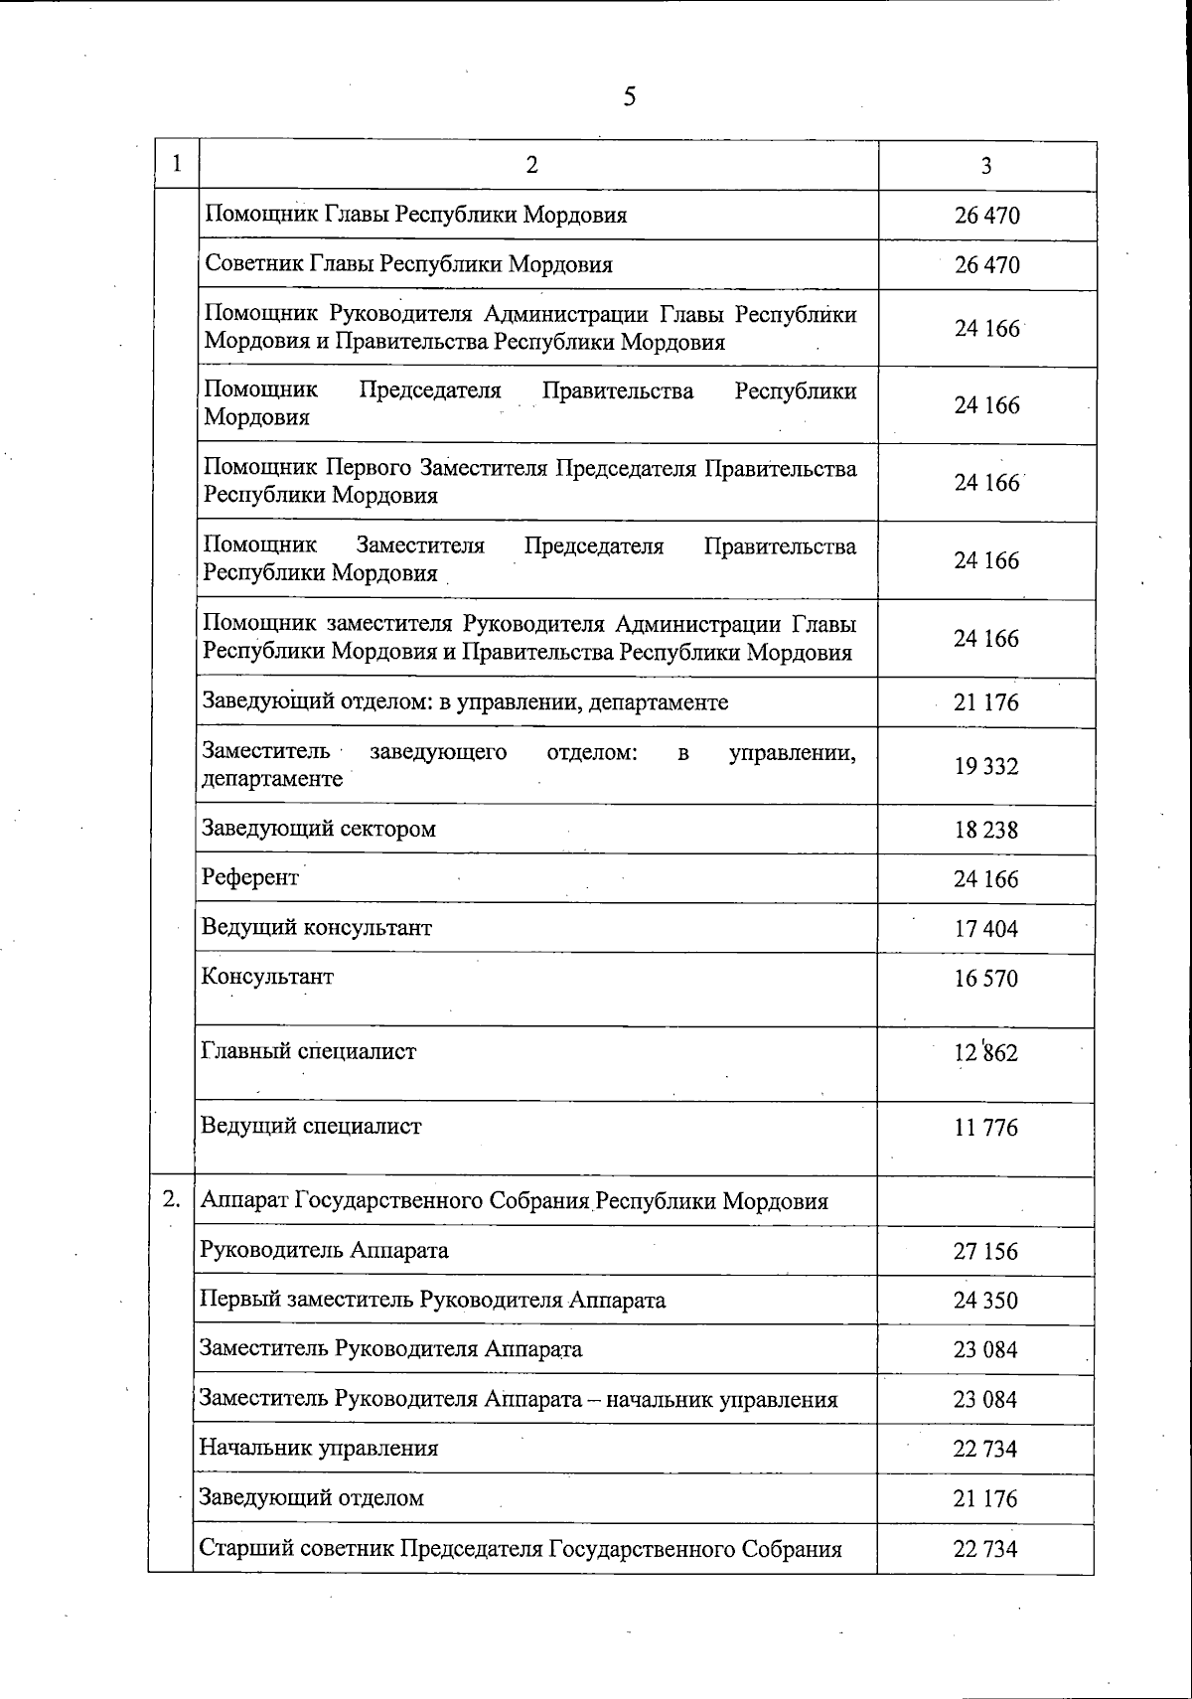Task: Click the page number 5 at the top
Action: click(630, 96)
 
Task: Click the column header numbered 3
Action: click(985, 166)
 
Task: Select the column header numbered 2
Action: click(532, 165)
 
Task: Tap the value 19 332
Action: click(986, 766)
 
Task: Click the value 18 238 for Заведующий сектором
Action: click(986, 830)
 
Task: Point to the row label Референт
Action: click(250, 877)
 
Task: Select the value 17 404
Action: click(986, 929)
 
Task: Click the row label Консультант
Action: click(267, 976)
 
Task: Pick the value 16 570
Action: click(986, 979)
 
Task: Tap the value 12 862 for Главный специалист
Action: click(986, 1052)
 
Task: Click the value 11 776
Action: click(986, 1128)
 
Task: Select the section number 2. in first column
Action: click(172, 1199)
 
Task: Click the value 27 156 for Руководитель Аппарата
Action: click(985, 1251)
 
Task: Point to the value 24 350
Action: click(985, 1301)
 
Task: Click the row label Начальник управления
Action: click(319, 1448)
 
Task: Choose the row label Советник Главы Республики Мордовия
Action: click(408, 264)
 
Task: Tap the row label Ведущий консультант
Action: click(317, 927)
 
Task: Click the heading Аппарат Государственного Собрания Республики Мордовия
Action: click(515, 1200)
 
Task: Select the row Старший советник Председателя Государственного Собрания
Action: click(521, 1548)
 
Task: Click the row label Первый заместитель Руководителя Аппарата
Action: click(432, 1300)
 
